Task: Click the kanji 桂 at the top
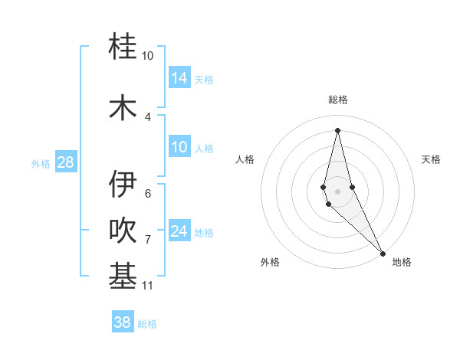click(123, 47)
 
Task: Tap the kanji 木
click(123, 106)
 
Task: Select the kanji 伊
click(123, 184)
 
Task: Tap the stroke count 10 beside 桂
click(147, 56)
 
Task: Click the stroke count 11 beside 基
click(148, 286)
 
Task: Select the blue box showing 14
click(179, 77)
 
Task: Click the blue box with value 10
click(179, 147)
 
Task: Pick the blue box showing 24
click(179, 231)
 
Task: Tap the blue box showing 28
click(65, 162)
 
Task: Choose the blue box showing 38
click(123, 322)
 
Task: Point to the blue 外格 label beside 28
click(41, 163)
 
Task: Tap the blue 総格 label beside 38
click(147, 324)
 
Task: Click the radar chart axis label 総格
click(338, 100)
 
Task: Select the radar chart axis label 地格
click(402, 262)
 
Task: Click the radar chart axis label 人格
click(245, 159)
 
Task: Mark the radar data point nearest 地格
click(383, 253)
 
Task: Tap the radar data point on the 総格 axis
click(337, 129)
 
